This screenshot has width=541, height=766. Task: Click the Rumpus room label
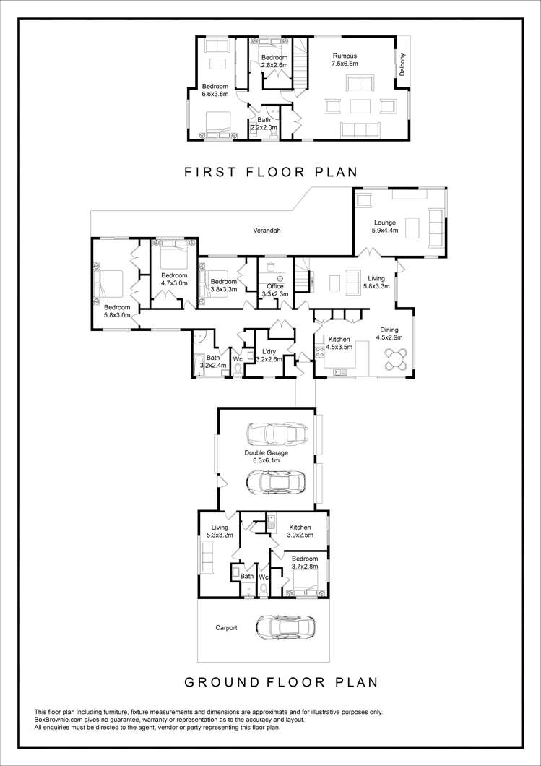tap(345, 59)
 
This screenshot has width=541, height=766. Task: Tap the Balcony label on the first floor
tap(402, 64)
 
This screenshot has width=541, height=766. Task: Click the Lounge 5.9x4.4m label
tap(385, 226)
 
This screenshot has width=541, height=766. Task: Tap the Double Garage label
tap(266, 456)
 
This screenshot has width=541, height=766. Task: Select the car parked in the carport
tap(285, 627)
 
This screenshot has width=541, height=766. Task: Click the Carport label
tap(226, 628)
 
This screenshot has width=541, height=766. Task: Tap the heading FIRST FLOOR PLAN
tap(271, 172)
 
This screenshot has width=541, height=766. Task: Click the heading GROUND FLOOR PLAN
tap(281, 682)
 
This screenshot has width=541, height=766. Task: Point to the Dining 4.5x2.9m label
tap(389, 333)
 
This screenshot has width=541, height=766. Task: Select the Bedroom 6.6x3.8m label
tap(215, 90)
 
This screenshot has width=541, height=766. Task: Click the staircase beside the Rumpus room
tap(302, 64)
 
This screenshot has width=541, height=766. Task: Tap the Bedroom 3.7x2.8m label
tap(305, 562)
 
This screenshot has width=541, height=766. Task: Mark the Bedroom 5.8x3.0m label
tap(117, 311)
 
